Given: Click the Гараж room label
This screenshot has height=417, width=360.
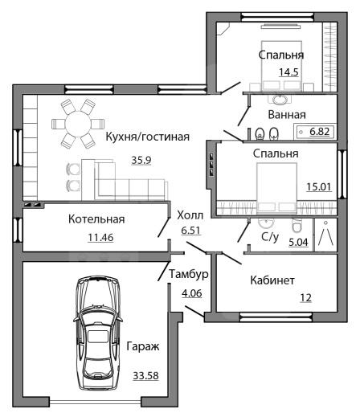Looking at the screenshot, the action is coord(143,346).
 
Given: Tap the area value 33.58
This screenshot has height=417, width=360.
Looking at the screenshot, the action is coord(146,375).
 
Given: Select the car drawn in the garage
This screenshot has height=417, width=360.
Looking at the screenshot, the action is coord(98,333).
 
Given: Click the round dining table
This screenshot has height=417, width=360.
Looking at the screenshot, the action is coord(78,124).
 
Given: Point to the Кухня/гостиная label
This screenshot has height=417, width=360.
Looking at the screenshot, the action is coord(148,137).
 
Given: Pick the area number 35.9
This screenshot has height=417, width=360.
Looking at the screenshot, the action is coord(141,160).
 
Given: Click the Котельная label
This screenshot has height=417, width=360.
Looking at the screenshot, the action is coord(96,219).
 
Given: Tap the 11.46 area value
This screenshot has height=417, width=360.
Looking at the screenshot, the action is coord(100,237).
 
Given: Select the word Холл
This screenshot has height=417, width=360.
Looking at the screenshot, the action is coord(190,215).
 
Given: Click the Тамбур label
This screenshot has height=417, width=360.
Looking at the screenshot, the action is coord(189,274).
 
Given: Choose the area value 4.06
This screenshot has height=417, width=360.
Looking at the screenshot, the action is coord(192,293).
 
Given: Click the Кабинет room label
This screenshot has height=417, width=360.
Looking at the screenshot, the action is coord(272,280).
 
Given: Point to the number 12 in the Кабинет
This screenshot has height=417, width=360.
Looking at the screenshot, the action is coord(305,297).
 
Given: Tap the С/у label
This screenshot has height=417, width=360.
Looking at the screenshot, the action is coord(270,236).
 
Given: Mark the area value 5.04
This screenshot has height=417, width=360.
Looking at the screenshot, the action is coord(298,242).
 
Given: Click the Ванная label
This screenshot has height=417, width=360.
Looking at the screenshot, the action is coord(287,115).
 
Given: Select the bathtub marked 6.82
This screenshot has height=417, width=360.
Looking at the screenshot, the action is coord(315,132).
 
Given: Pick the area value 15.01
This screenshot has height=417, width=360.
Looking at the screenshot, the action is coord(319,186).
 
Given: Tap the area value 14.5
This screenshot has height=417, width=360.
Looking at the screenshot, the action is coord(288,72).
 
